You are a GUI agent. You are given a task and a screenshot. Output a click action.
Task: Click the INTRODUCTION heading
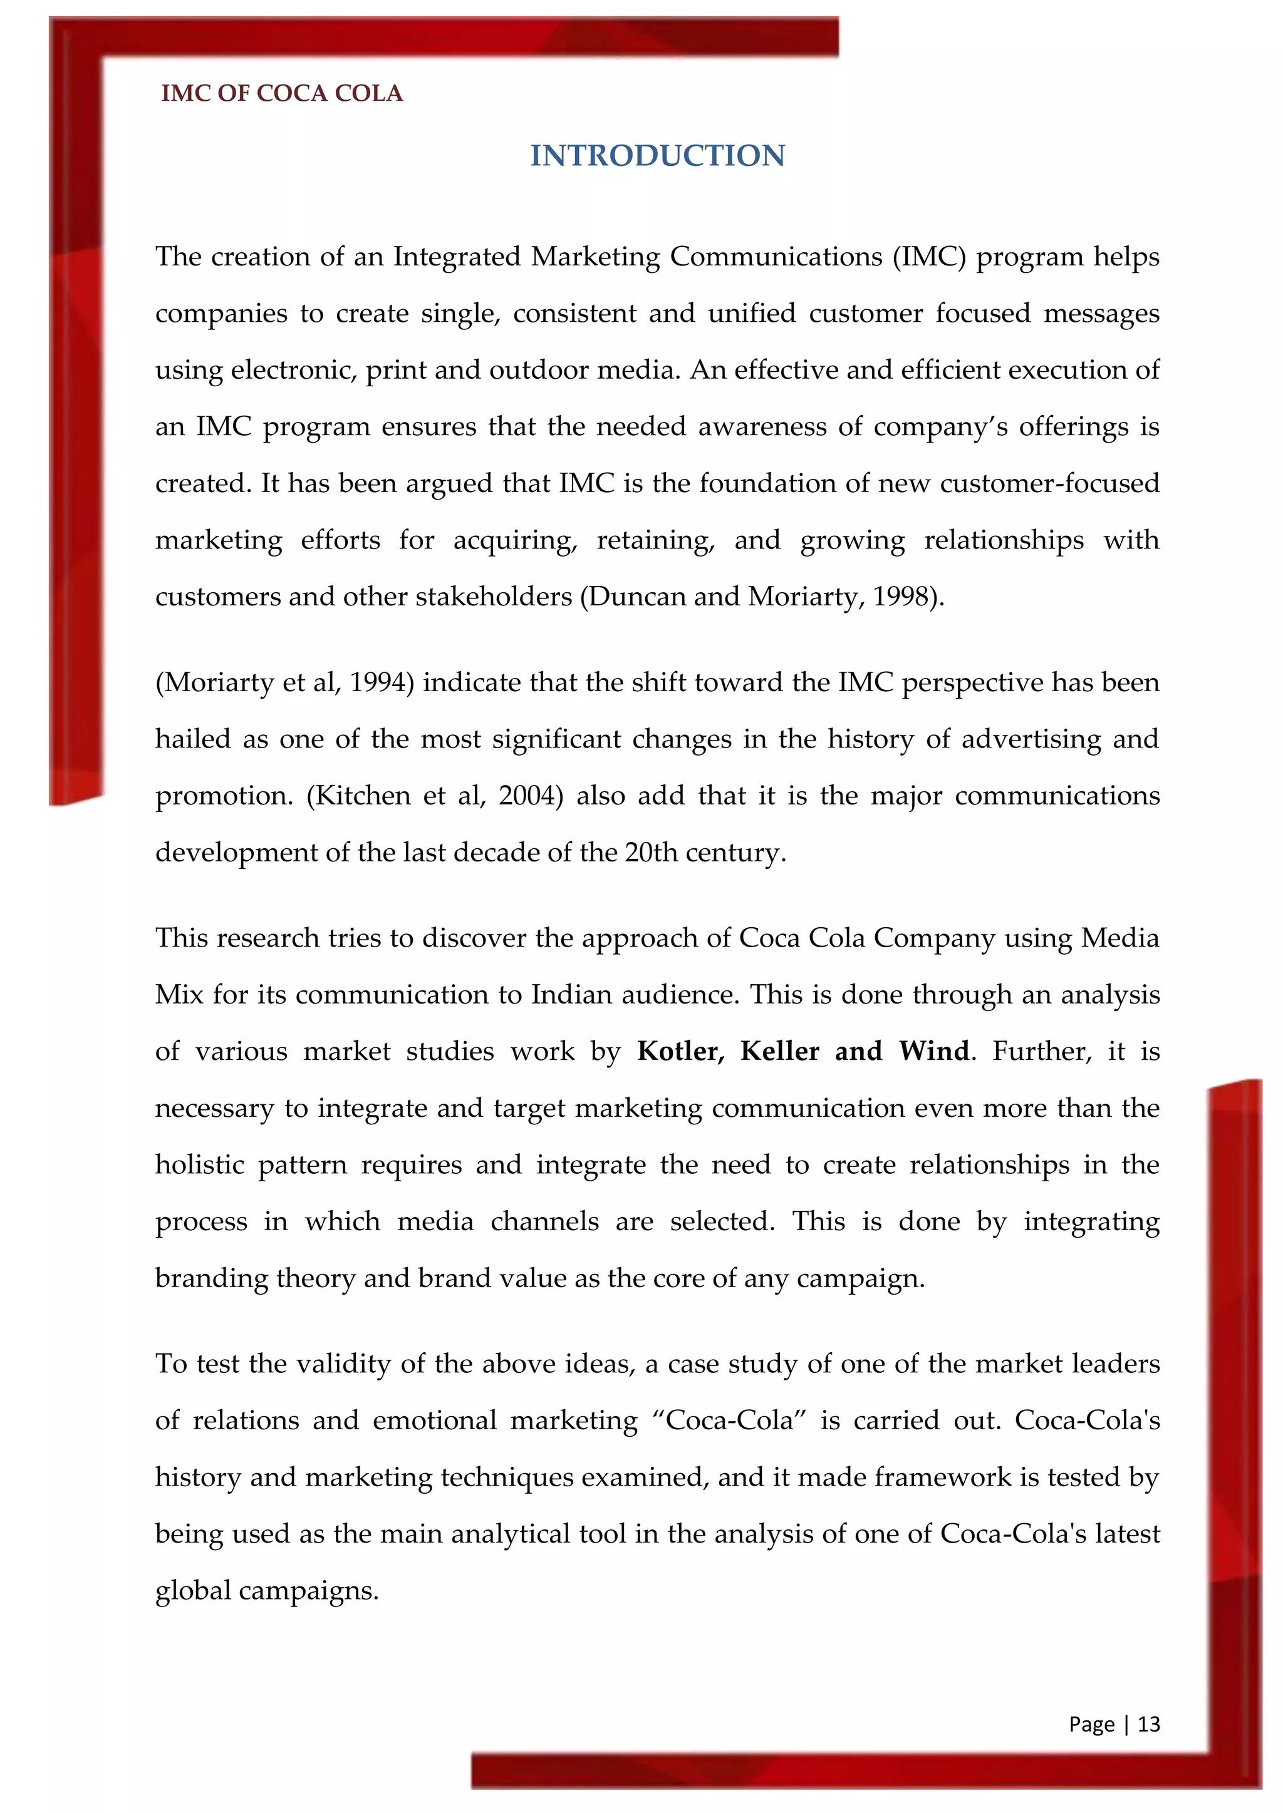(x=657, y=155)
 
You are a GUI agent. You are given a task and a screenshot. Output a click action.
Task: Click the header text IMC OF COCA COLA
(x=282, y=93)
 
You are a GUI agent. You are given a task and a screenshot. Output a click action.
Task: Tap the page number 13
(x=1149, y=1723)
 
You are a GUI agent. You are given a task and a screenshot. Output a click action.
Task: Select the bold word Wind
(x=934, y=1051)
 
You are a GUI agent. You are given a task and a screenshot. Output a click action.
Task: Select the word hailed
(x=192, y=739)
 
